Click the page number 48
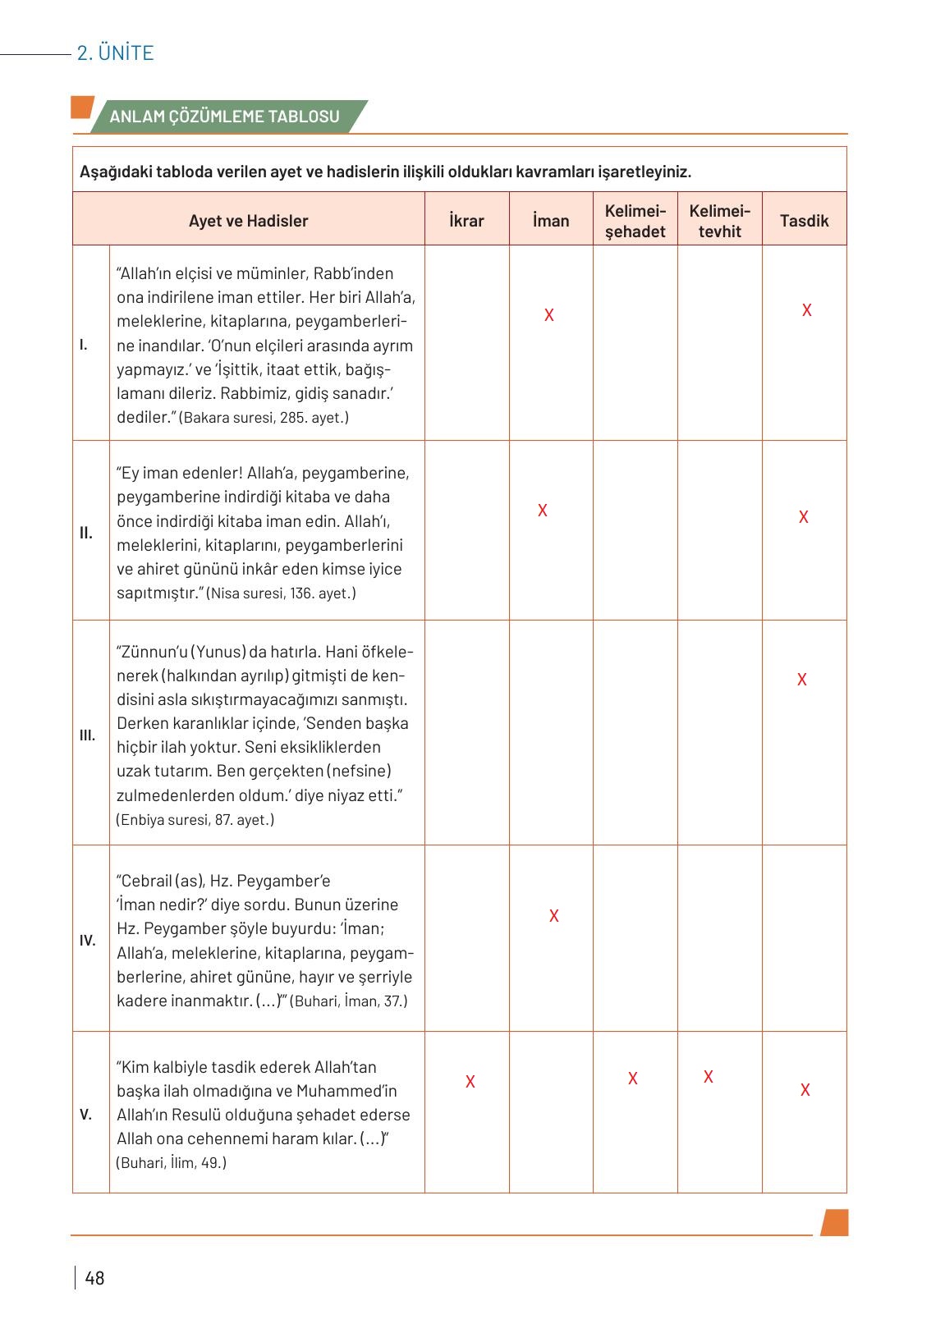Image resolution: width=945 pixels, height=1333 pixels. [x=94, y=1278]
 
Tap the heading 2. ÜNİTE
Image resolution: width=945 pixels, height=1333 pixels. [x=115, y=53]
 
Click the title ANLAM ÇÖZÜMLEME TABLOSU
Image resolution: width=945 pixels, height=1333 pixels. [x=224, y=117]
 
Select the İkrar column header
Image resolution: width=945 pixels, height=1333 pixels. [x=466, y=221]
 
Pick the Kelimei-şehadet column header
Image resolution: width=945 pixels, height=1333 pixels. [x=635, y=221]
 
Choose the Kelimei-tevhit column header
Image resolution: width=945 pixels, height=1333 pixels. [x=719, y=221]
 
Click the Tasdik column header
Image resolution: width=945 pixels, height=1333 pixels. [x=804, y=221]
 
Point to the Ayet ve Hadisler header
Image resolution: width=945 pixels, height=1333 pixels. [x=248, y=221]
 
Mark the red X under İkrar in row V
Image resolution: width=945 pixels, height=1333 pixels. [x=470, y=1082]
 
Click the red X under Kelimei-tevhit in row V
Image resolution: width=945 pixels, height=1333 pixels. [x=709, y=1077]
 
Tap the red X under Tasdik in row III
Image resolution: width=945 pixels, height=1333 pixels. [x=802, y=680]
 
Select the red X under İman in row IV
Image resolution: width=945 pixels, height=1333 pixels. [x=554, y=916]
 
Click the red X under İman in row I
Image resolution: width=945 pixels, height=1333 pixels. [x=549, y=315]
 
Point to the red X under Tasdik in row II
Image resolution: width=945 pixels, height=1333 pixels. [x=804, y=517]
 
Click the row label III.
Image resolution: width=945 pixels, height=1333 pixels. [x=87, y=735]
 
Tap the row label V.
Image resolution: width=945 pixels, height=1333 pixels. [x=86, y=1115]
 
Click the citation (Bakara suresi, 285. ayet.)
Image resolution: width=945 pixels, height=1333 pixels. [x=264, y=418]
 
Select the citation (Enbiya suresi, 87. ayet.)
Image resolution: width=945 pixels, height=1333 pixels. [x=195, y=820]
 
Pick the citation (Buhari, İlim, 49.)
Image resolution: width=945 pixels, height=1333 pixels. [x=172, y=1163]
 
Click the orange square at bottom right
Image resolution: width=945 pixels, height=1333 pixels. [x=834, y=1222]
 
